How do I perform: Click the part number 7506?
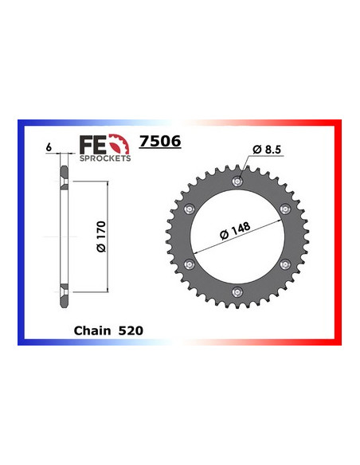(x=160, y=143)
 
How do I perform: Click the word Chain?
(x=91, y=328)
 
